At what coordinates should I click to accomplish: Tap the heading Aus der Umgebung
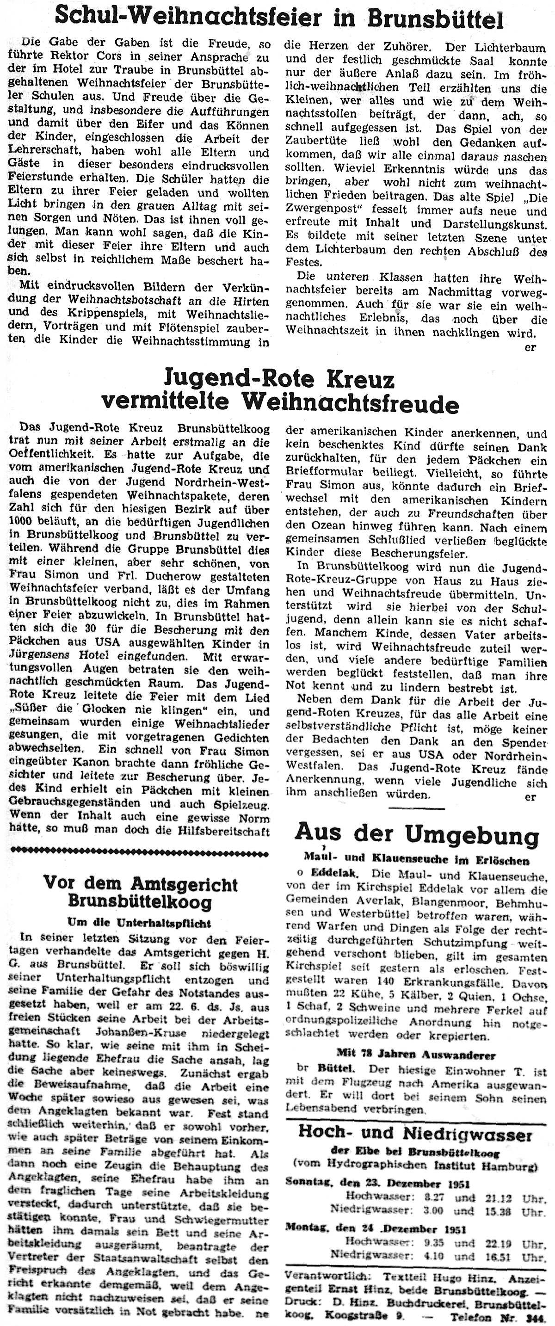click(417, 833)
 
